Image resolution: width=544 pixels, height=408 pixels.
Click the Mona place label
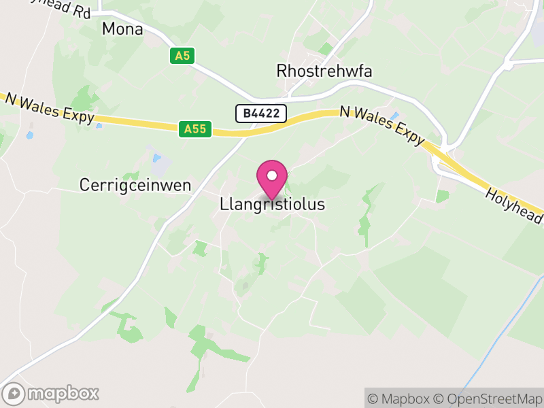tap(122, 29)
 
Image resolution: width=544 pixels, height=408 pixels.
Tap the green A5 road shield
tap(181, 56)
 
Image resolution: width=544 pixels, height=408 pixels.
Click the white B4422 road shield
tap(261, 114)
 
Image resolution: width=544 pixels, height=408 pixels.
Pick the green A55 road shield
tap(196, 128)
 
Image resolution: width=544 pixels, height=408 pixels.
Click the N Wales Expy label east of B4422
tap(382, 124)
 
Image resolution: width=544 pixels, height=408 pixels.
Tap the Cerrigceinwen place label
tap(135, 184)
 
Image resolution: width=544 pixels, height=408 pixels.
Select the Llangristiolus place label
tap(273, 204)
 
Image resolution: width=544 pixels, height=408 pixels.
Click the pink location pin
tap(272, 179)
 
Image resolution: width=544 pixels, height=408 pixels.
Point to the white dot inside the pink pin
tap(272, 175)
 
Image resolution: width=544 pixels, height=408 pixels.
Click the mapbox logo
tap(52, 393)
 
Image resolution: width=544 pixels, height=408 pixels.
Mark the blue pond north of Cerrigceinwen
tap(157, 158)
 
